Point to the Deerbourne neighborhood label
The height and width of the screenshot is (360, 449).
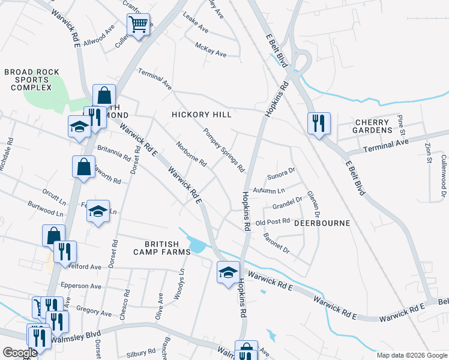point(321,223)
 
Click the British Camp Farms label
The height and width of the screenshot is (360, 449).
point(162,248)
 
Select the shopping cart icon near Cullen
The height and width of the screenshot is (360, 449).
point(138,25)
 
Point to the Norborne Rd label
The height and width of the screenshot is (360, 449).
point(191,154)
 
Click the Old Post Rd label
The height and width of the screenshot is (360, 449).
point(273,223)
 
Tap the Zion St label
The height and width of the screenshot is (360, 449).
point(428,152)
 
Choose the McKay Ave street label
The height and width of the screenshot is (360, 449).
point(211,49)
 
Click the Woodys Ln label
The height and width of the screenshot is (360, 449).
point(181,280)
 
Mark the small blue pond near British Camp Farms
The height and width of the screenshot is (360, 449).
point(197,245)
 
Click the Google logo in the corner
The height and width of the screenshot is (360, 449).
point(19,353)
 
